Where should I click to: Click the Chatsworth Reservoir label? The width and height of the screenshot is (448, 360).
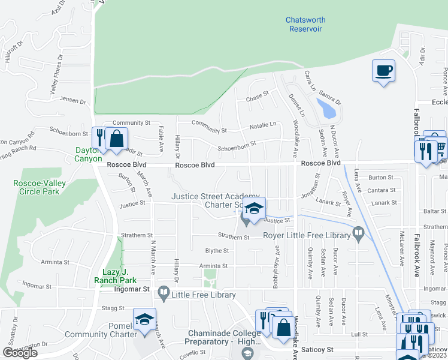pyautogui.click(x=305, y=24)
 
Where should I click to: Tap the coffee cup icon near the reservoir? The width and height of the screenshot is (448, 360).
pyautogui.click(x=383, y=71)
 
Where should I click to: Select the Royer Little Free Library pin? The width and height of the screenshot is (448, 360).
pyautogui.click(x=359, y=232)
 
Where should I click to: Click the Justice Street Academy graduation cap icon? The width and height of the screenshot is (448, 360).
pyautogui.click(x=255, y=209)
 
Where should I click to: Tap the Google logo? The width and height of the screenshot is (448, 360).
pyautogui.click(x=20, y=352)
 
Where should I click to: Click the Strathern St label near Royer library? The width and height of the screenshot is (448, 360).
pyautogui.click(x=233, y=237)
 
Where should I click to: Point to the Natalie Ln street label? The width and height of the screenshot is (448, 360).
pyautogui.click(x=263, y=125)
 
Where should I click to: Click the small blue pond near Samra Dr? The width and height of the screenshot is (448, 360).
pyautogui.click(x=328, y=109)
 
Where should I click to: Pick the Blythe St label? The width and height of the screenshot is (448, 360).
pyautogui.click(x=217, y=251)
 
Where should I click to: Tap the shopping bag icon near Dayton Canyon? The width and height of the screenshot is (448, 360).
pyautogui.click(x=117, y=139)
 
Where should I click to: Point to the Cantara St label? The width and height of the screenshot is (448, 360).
pyautogui.click(x=382, y=190)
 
